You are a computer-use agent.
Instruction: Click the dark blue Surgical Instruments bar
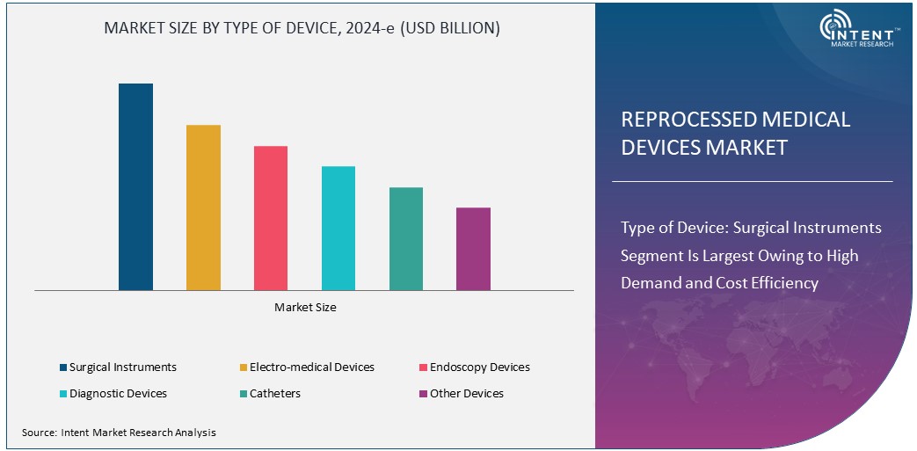[135, 186]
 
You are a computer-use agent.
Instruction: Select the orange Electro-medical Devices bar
[203, 207]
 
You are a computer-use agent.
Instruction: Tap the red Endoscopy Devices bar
[271, 217]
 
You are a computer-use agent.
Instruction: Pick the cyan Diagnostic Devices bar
[338, 228]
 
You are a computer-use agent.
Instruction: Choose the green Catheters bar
[406, 238]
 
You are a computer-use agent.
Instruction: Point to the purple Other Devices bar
[473, 249]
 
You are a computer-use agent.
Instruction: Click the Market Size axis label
[305, 308]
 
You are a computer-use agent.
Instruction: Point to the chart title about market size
[302, 28]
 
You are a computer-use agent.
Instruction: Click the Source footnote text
[119, 433]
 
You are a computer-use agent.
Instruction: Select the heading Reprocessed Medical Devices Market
[735, 134]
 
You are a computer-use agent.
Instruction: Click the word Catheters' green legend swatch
[243, 394]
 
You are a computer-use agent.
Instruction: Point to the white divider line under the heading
[752, 181]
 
